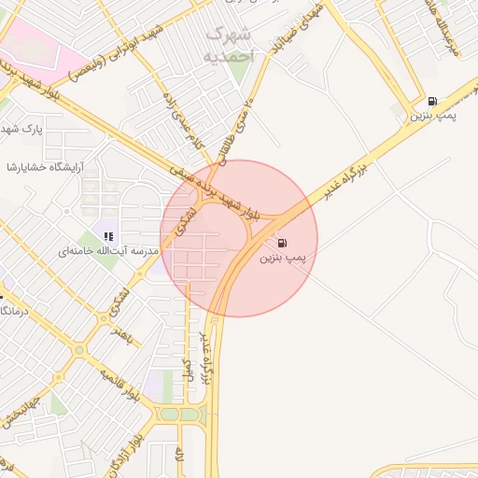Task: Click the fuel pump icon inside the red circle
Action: [282, 243]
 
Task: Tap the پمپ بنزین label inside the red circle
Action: [283, 256]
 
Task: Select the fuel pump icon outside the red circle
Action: [431, 102]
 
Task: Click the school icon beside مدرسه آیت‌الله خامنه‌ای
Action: [109, 237]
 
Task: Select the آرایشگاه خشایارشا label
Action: [45, 167]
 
